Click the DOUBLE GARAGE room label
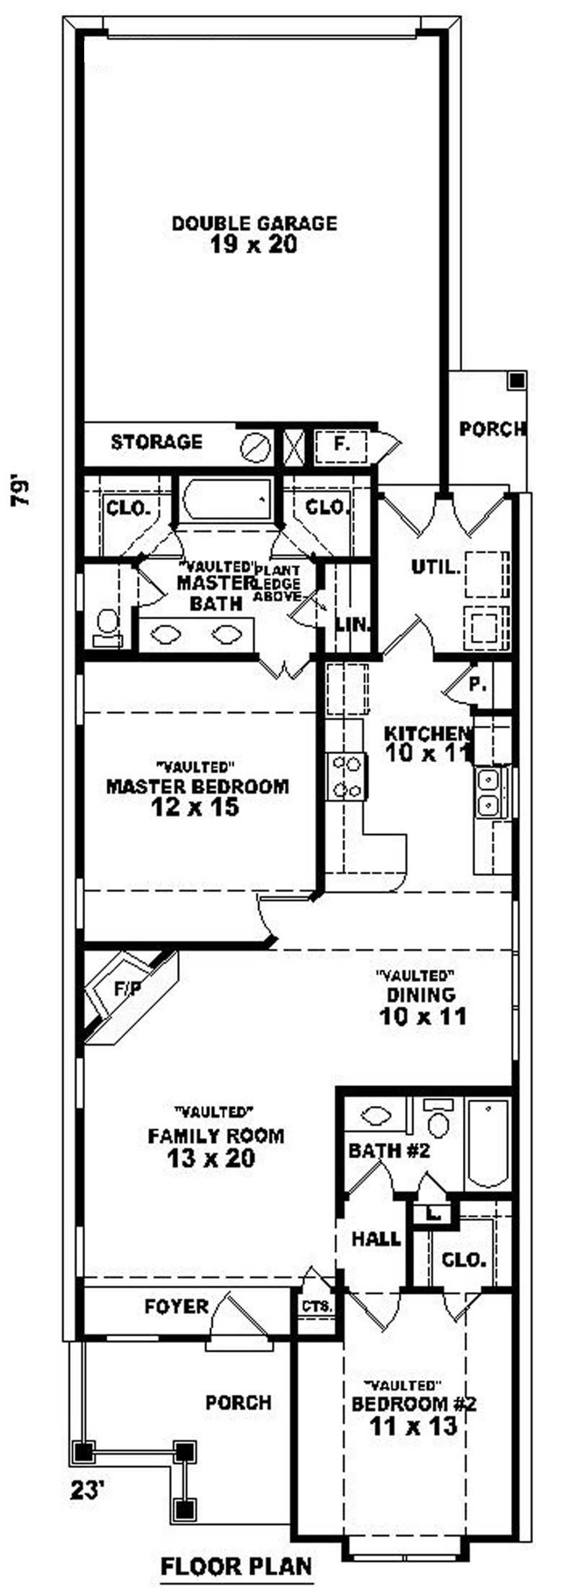pos(254,223)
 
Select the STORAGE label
pos(156,442)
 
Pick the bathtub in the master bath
pos(227,500)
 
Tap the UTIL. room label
pos(436,566)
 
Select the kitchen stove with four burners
pos(346,777)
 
